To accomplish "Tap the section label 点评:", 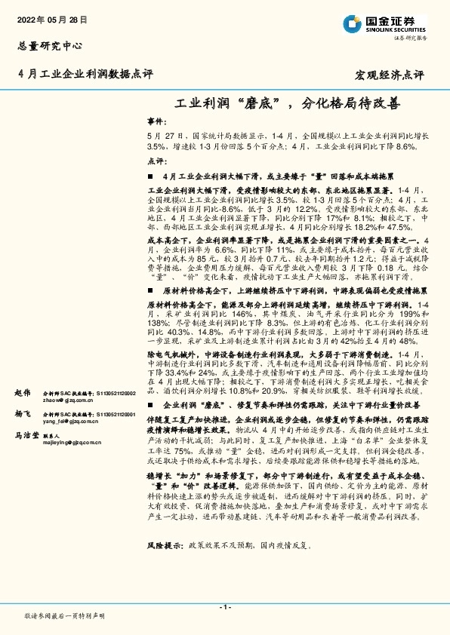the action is (156, 161).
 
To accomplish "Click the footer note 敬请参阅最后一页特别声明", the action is (64, 616).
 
